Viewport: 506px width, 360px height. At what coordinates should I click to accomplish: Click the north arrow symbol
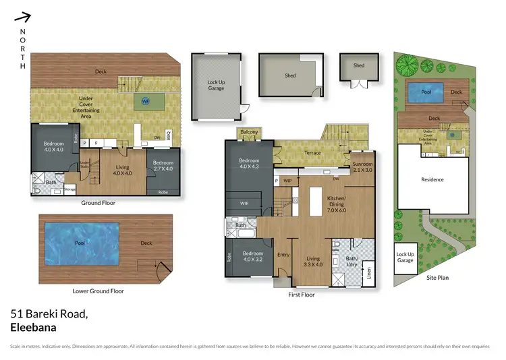[24, 17]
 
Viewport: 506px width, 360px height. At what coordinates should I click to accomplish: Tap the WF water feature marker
[145, 102]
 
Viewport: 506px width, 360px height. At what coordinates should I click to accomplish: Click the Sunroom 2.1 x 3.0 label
[362, 167]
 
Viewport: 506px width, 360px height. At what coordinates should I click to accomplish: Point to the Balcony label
[248, 131]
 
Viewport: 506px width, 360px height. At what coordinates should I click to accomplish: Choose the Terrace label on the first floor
[312, 153]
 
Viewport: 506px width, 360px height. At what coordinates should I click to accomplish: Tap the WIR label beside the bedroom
[245, 202]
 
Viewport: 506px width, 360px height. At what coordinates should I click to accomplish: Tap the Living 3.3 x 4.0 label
[313, 262]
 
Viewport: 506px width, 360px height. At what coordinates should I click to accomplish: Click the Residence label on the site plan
[432, 180]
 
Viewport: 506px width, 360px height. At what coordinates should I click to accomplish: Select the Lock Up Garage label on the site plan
[405, 256]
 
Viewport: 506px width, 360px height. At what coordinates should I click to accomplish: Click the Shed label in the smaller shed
[358, 65]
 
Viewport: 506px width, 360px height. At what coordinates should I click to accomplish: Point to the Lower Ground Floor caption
[99, 291]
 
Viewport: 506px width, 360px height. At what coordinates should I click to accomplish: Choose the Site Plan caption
[437, 277]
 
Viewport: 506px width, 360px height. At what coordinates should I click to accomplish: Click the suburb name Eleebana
[34, 328]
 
